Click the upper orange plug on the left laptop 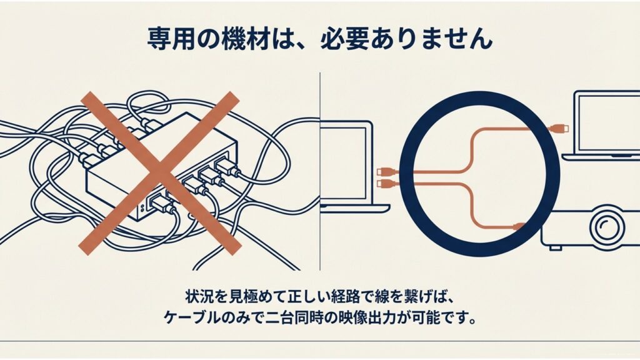(384, 170)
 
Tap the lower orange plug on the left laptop (384, 184)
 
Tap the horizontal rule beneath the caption (320, 341)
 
